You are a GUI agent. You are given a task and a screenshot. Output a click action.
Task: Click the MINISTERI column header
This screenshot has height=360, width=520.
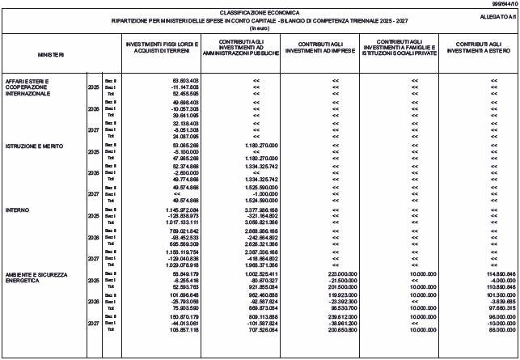tap(49, 54)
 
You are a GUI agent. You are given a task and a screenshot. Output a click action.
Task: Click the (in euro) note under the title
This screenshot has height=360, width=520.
tap(259, 28)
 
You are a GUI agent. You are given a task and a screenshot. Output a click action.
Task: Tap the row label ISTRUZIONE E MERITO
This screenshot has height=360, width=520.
tap(32, 146)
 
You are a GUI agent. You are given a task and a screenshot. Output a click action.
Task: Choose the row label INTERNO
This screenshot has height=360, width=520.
tap(18, 210)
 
